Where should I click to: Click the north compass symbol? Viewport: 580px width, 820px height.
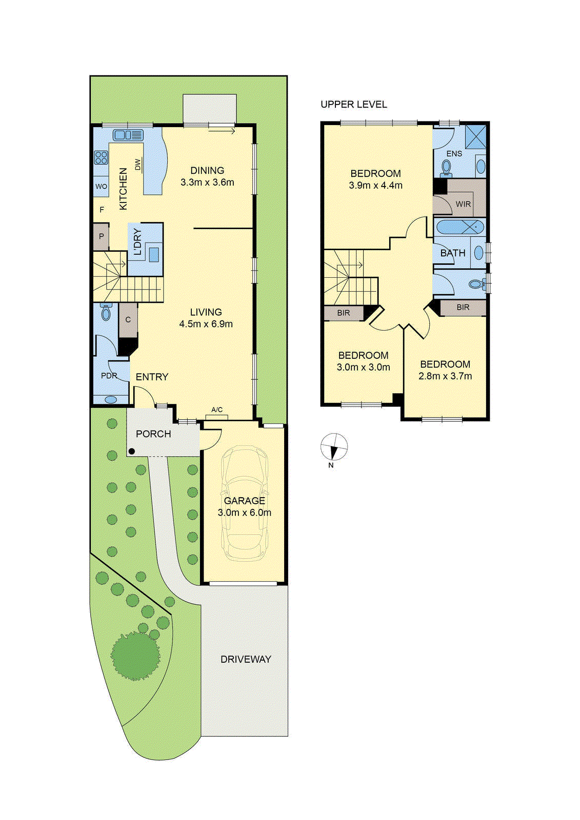tap(334, 447)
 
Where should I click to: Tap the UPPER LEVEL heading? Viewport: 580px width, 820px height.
tap(353, 105)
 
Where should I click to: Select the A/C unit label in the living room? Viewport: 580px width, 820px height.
tap(217, 409)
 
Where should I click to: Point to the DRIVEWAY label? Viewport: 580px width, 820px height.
tap(246, 660)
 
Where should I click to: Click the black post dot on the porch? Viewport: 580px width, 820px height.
tap(131, 452)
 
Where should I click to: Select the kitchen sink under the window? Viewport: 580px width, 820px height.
tap(128, 135)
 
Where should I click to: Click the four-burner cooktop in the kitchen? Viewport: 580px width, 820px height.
tap(101, 157)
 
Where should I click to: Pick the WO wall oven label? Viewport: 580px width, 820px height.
tap(101, 187)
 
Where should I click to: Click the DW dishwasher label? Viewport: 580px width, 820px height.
tap(137, 165)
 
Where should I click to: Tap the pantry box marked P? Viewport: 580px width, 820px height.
tap(101, 236)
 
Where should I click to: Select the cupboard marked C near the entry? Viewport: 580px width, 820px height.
tap(128, 320)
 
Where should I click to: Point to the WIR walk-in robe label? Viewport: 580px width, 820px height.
tap(463, 204)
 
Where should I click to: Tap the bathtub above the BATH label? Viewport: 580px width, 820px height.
tap(459, 226)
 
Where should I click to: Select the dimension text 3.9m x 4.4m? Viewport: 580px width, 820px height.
tap(375, 186)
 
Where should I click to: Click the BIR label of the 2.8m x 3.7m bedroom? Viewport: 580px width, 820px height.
tap(463, 307)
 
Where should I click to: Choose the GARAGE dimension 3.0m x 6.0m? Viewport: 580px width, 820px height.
tap(244, 512)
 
